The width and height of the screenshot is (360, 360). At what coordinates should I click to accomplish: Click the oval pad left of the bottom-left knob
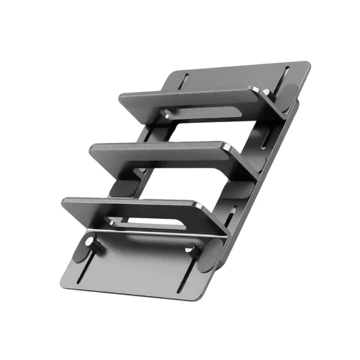click(x=80, y=247)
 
